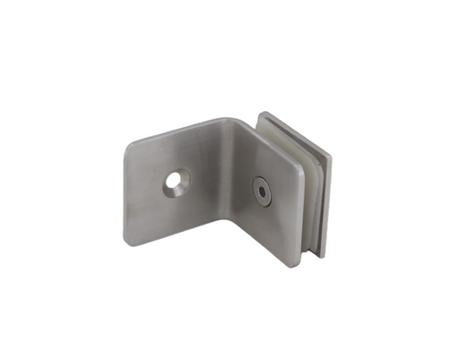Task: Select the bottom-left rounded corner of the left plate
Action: pyautogui.click(x=129, y=241)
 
